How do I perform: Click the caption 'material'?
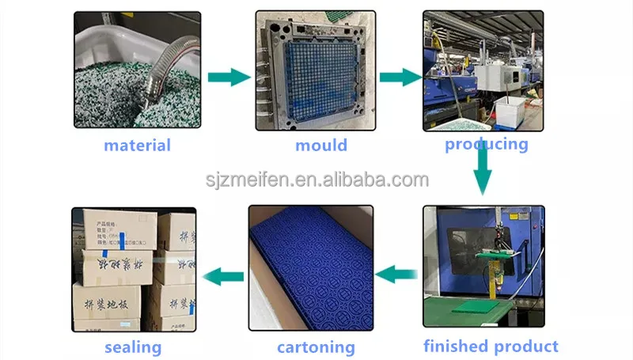(x=137, y=145)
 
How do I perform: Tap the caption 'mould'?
(x=320, y=145)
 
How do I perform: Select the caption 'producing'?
(x=486, y=144)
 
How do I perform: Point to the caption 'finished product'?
(x=491, y=346)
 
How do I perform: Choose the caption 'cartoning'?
(x=316, y=347)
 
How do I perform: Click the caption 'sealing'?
(x=133, y=347)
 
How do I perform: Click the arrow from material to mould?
(x=229, y=77)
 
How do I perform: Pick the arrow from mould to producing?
(x=400, y=77)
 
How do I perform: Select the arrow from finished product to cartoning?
(x=396, y=274)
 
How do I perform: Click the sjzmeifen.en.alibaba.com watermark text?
(x=316, y=180)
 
